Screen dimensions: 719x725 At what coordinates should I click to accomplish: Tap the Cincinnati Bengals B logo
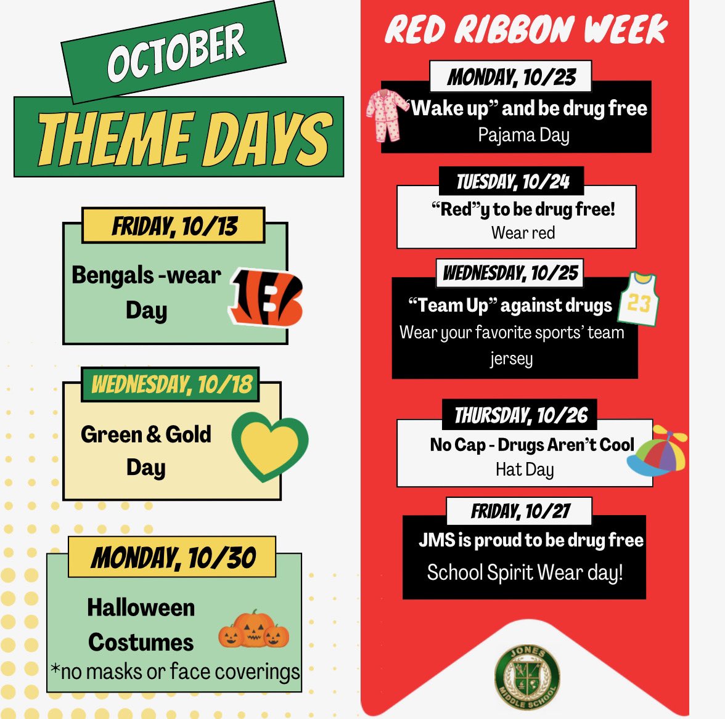266,297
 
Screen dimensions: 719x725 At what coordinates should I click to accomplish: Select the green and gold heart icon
269,446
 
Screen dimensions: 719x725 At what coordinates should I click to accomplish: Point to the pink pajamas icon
387,113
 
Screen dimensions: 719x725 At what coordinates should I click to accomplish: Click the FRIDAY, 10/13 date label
174,226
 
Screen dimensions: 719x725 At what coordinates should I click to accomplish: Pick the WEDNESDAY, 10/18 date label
171,384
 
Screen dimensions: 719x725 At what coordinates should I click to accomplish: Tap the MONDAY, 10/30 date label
173,558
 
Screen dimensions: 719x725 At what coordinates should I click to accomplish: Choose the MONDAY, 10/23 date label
511,77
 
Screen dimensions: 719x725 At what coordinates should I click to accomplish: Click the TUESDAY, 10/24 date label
512,182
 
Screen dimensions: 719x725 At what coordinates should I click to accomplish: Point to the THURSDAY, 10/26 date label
520,416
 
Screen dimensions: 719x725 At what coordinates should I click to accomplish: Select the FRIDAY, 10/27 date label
520,511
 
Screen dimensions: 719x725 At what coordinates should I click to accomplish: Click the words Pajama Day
523,135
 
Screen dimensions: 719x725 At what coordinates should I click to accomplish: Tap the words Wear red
523,233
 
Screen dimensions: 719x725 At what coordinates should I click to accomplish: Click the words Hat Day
525,469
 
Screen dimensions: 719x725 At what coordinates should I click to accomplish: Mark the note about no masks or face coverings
175,672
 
